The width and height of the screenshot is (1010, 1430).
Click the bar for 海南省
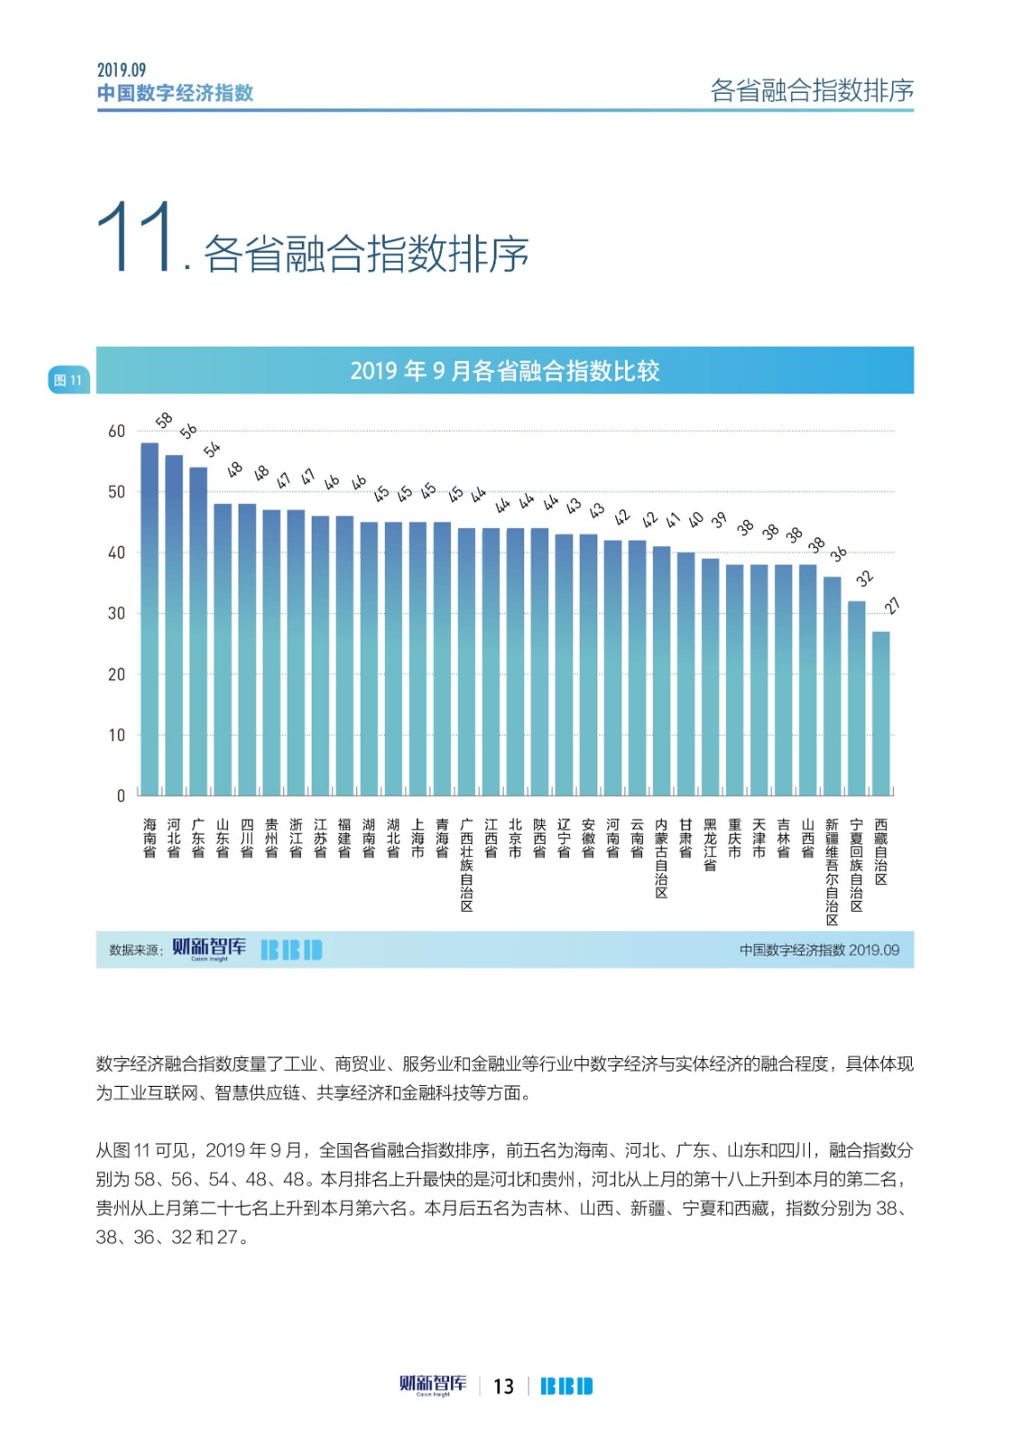149,618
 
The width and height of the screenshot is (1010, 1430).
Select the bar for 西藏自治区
881,713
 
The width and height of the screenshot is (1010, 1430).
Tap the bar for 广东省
198,631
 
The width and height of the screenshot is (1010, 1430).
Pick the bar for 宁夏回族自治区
856,698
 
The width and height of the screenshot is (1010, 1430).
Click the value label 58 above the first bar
164,420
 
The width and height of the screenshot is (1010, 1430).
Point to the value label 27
892,607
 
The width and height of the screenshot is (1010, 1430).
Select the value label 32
864,578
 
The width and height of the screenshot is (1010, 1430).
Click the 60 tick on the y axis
117,432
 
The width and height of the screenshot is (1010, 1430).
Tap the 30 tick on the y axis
117,614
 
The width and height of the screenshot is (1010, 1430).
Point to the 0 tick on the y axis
121,795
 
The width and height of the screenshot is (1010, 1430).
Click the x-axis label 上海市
418,838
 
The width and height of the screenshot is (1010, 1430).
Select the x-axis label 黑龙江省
710,845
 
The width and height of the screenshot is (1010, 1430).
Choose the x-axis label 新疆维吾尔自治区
831,871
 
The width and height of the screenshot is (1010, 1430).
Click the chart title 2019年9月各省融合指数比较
505,371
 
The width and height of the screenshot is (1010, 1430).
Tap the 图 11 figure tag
68,381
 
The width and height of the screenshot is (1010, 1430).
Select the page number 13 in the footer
504,1386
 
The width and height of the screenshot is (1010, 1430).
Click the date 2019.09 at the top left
121,71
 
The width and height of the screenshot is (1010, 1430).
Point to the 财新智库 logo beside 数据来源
209,948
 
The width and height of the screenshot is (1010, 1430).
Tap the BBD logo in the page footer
566,1386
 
